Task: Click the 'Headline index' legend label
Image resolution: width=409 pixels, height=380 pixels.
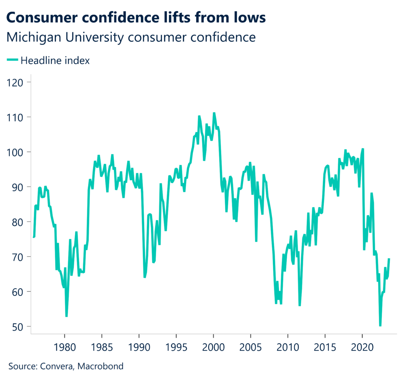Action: point(55,61)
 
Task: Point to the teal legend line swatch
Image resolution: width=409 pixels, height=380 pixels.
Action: point(13,61)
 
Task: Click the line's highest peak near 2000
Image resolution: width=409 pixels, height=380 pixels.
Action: point(214,113)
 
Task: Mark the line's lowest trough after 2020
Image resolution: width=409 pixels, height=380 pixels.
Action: point(380,326)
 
